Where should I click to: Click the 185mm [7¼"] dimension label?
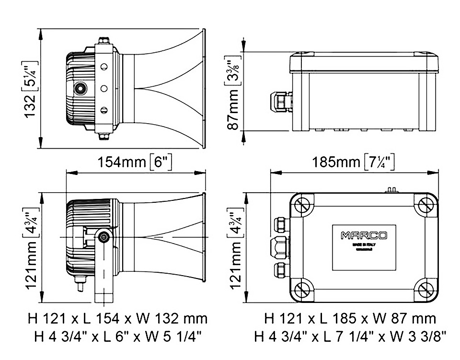coord(354,162)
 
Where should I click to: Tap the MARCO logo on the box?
coord(364,235)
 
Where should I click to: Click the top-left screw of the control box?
coord(301,205)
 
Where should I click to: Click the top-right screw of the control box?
coord(426,205)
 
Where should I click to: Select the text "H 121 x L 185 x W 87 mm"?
coord(350,318)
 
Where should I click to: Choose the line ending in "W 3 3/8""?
coord(350,337)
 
